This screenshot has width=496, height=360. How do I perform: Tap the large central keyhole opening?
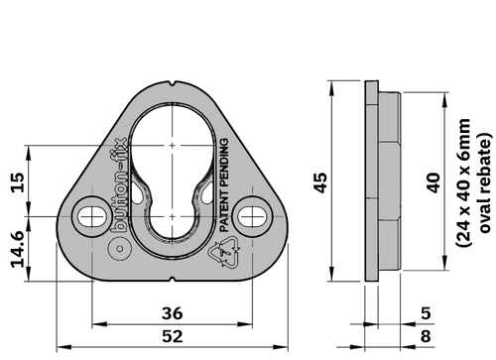pyautogui.click(x=175, y=159)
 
